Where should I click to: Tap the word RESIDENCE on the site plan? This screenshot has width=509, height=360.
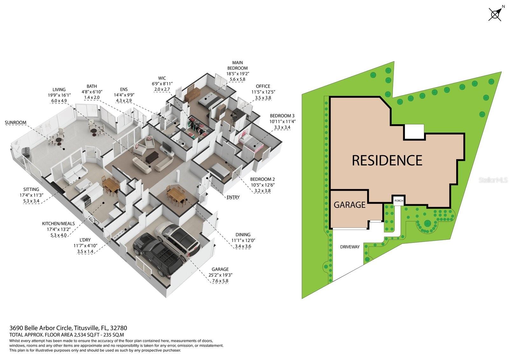click(x=387, y=160)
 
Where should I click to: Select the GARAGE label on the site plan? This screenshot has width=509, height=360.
click(x=349, y=205)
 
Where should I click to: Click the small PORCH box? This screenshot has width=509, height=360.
click(x=398, y=201)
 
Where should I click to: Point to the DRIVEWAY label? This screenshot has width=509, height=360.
click(x=350, y=247)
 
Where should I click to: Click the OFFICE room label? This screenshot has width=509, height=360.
click(x=263, y=86)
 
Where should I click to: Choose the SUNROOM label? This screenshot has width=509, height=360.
click(x=16, y=123)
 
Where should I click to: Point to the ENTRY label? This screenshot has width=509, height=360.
click(x=233, y=197)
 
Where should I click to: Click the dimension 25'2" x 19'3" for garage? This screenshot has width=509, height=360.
click(x=220, y=275)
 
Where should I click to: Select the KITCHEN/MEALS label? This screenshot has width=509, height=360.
click(x=58, y=223)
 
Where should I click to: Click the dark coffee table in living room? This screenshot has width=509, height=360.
click(x=152, y=156)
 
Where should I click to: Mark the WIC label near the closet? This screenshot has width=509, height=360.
click(x=162, y=78)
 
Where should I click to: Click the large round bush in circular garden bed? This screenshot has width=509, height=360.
click(x=427, y=223)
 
